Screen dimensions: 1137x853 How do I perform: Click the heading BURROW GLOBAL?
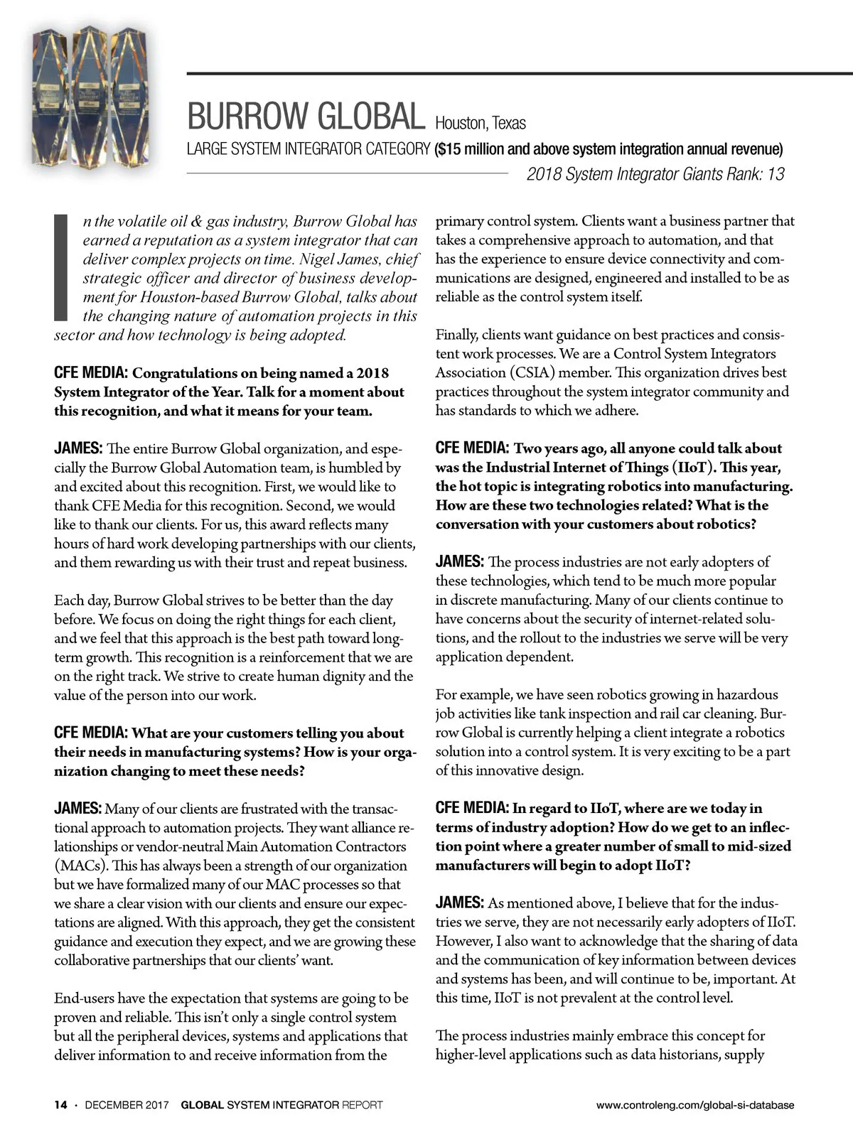pyautogui.click(x=304, y=116)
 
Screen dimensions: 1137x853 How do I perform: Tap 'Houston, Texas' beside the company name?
pyautogui.click(x=481, y=123)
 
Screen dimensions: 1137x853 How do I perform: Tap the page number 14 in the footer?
pyautogui.click(x=60, y=1105)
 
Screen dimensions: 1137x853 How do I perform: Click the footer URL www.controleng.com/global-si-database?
pyautogui.click(x=695, y=1105)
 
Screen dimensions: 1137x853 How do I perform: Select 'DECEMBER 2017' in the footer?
pyautogui.click(x=127, y=1105)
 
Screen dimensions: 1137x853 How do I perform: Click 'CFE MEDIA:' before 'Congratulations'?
pyautogui.click(x=91, y=373)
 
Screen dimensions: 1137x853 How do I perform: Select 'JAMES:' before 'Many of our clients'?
pyautogui.click(x=78, y=809)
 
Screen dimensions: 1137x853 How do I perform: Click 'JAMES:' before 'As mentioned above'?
pyautogui.click(x=459, y=903)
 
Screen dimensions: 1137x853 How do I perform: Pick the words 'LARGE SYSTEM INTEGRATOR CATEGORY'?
pyautogui.click(x=308, y=149)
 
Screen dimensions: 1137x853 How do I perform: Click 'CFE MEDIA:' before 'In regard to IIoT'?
pyautogui.click(x=471, y=808)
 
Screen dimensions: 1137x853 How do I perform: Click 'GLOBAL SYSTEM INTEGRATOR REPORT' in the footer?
pyautogui.click(x=281, y=1105)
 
